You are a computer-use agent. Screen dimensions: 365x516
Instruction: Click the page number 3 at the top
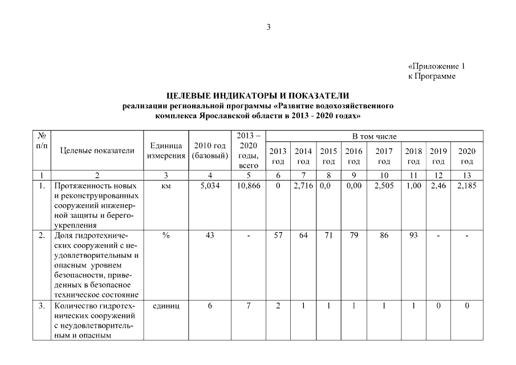[x=269, y=27]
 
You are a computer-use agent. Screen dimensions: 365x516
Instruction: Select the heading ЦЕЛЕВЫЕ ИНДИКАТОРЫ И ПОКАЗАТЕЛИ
[x=257, y=95]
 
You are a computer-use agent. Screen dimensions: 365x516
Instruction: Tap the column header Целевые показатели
[x=97, y=151]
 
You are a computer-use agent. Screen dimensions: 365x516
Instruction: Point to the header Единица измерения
[x=165, y=151]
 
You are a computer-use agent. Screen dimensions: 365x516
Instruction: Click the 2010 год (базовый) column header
[x=210, y=151]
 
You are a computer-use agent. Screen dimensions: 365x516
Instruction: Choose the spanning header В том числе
[x=374, y=136]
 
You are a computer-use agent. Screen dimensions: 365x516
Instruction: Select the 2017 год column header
[x=384, y=156]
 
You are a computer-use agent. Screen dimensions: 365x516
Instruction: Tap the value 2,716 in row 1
[x=303, y=186]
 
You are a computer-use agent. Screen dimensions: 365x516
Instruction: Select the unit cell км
[x=165, y=186]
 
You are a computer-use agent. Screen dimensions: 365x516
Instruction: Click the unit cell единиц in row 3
[x=165, y=306]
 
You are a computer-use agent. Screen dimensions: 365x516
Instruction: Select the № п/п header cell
[x=42, y=141]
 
